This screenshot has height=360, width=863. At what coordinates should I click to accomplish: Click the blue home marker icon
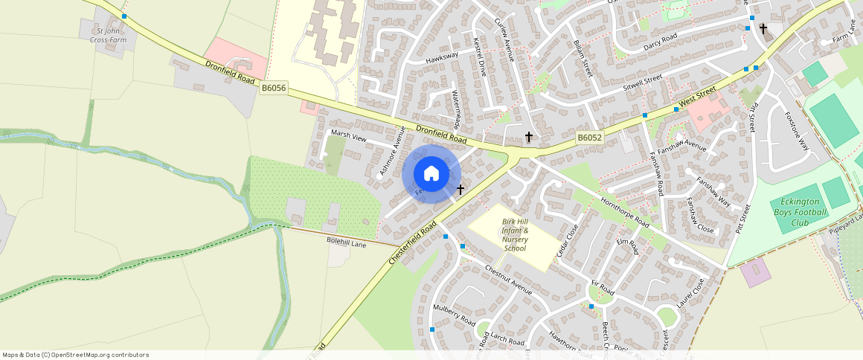pyautogui.click(x=431, y=174)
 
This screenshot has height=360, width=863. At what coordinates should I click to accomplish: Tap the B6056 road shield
pyautogui.click(x=274, y=88)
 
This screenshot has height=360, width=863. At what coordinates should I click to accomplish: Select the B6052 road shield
pyautogui.click(x=589, y=138)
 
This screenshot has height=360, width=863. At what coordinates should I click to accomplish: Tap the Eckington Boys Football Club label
pyautogui.click(x=800, y=213)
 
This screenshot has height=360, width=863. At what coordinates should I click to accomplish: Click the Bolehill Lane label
pyautogui.click(x=347, y=243)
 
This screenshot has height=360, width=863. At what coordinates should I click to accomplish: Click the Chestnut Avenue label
pyautogui.click(x=508, y=278)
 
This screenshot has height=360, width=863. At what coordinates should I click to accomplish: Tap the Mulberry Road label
pyautogui.click(x=454, y=315)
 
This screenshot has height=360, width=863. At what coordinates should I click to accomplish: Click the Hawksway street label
pyautogui.click(x=442, y=57)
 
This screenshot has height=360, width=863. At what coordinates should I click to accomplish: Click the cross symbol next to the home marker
pyautogui.click(x=461, y=190)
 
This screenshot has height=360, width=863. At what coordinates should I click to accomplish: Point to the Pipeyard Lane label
pyautogui.click(x=846, y=226)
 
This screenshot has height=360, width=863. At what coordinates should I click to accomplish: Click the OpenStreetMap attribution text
pyautogui.click(x=76, y=355)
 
